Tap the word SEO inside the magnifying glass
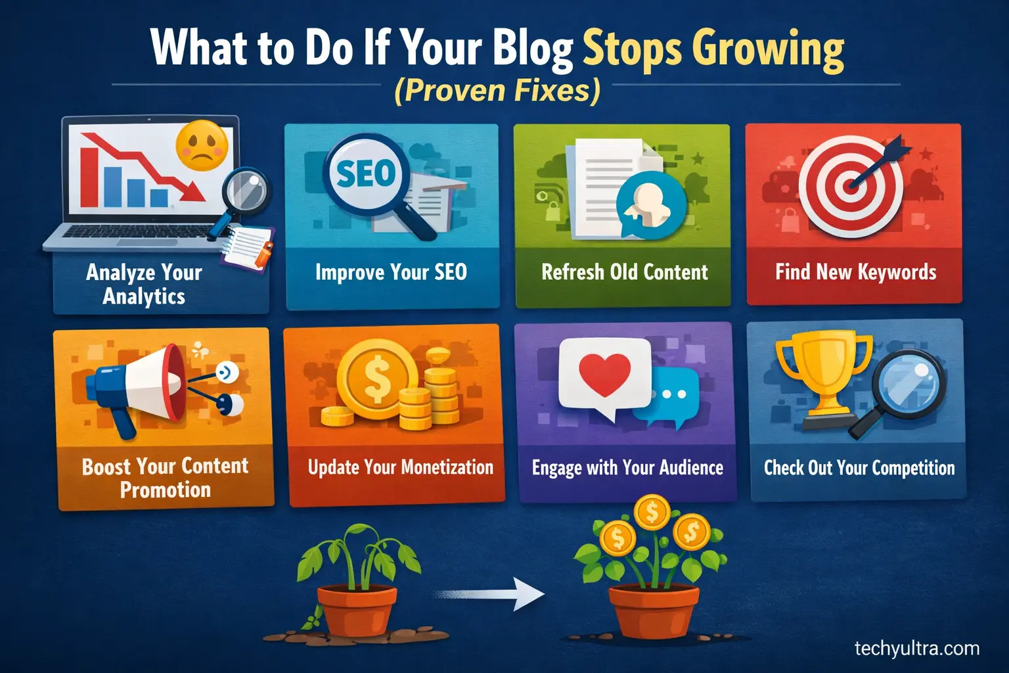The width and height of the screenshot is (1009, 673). (367, 174)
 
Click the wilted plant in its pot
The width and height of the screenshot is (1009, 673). (355, 585)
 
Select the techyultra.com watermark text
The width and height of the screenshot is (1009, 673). (916, 649)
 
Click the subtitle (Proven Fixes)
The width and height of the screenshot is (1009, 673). (497, 91)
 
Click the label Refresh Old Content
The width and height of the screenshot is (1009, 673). (624, 272)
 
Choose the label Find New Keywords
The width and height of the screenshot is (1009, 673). (855, 272)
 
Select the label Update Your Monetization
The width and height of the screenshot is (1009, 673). (400, 467)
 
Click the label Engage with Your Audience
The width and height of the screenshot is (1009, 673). (627, 467)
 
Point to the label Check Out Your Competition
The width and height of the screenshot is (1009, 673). (859, 467)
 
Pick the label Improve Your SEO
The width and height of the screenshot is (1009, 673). (391, 272)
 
